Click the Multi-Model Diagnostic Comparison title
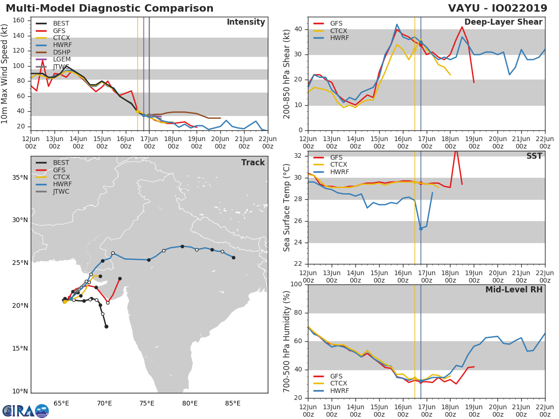(109, 8)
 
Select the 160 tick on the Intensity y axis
(18, 20)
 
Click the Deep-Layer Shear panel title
(503, 22)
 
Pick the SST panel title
(534, 156)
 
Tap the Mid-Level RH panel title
(514, 290)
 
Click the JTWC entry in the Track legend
(61, 191)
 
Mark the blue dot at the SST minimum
(421, 229)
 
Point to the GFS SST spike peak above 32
(456, 148)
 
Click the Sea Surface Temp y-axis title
(287, 208)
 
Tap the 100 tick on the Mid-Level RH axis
(296, 284)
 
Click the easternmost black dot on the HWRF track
(233, 257)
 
